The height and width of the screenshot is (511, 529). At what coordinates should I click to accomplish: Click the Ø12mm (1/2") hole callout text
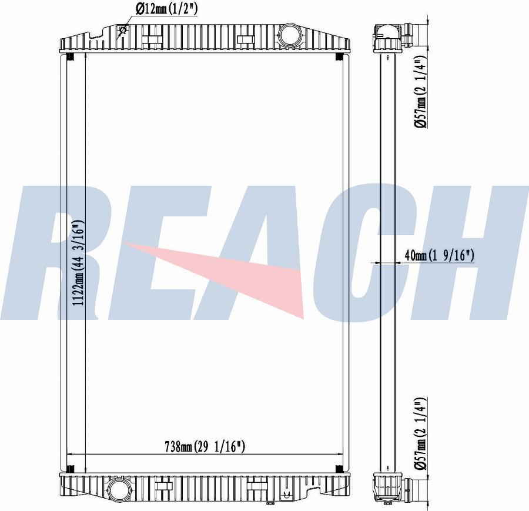pos(166,9)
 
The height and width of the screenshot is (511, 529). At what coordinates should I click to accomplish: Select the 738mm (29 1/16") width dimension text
pos(204,447)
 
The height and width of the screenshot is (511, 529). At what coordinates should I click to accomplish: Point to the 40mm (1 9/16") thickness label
pos(440,255)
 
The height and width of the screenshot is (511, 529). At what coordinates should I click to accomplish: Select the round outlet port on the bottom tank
pos(118,489)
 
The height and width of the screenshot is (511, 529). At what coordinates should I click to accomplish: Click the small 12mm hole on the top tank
pos(123,31)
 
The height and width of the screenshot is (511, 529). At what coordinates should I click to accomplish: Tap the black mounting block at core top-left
pos(69,57)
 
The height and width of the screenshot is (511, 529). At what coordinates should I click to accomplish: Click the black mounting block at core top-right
pos(340,57)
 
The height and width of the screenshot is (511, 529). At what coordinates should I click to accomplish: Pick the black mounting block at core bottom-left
pos(69,469)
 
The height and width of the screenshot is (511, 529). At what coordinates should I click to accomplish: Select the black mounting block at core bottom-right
pos(340,469)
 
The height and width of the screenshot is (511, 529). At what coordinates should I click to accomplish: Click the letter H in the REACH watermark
pos(476,253)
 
